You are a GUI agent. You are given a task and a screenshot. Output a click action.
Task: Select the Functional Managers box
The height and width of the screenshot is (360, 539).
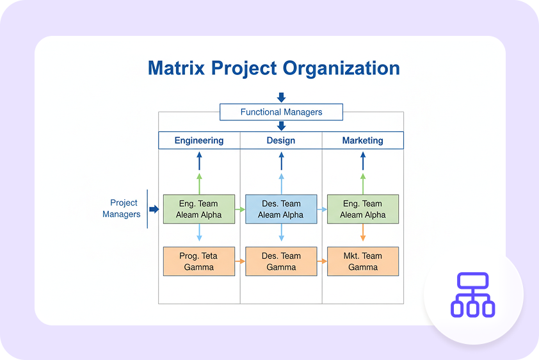(x=281, y=112)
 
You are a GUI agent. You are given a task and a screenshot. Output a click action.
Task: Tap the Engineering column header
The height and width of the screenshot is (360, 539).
(x=199, y=140)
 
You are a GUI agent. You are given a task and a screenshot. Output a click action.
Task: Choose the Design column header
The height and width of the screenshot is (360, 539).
(x=281, y=140)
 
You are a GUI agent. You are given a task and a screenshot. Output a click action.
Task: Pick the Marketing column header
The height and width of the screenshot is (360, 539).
(x=362, y=140)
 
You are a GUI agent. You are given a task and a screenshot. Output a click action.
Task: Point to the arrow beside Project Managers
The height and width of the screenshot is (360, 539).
(x=154, y=209)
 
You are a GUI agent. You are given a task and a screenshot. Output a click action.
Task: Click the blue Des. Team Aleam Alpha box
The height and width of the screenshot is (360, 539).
(x=281, y=209)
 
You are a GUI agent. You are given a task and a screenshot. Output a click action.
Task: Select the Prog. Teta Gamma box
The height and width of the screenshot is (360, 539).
(x=199, y=261)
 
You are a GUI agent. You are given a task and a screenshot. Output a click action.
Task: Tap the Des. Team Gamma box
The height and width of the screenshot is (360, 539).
(x=281, y=261)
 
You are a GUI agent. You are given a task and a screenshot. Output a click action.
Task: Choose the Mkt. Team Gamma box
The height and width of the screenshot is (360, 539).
(x=362, y=261)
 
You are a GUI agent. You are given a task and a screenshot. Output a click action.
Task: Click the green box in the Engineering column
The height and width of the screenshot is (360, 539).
(x=199, y=209)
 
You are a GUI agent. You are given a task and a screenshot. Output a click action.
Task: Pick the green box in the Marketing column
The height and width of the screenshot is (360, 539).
(x=362, y=209)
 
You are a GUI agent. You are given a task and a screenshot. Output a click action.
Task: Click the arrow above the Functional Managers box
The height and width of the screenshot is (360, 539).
(x=281, y=97)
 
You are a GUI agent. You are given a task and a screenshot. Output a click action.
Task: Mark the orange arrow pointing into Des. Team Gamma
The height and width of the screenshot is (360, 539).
(x=241, y=261)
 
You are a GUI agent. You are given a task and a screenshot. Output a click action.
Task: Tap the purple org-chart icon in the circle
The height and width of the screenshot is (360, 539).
(x=473, y=295)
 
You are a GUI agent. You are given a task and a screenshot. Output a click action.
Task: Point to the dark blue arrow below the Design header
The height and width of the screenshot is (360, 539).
(x=281, y=160)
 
